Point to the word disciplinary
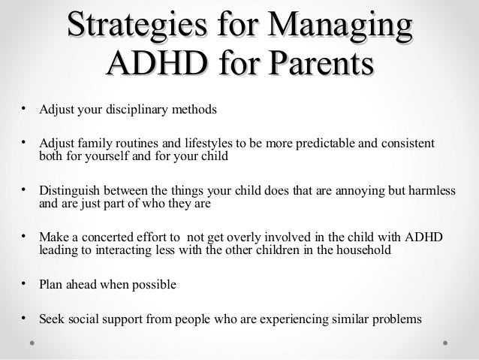click(x=132, y=110)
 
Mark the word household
click(x=357, y=251)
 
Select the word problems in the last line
click(x=396, y=318)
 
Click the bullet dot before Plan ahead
click(x=25, y=283)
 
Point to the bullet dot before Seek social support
click(x=25, y=316)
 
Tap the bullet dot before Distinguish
click(x=25, y=189)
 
